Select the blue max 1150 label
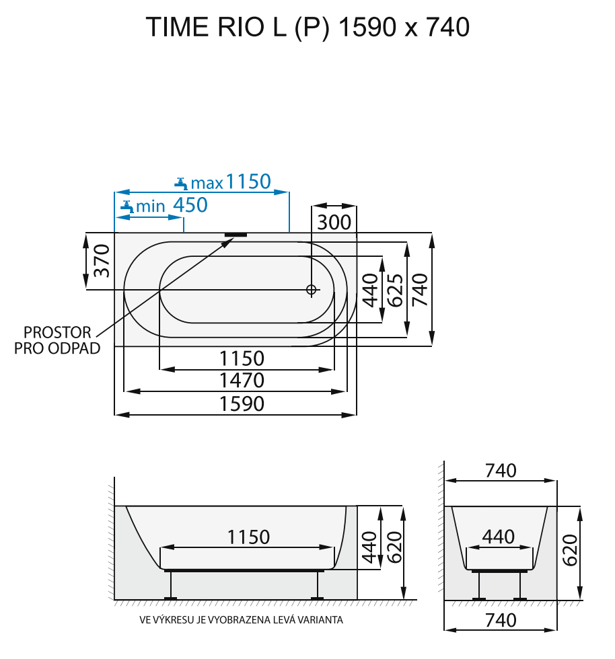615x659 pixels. click(x=231, y=182)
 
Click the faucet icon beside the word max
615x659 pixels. click(x=180, y=182)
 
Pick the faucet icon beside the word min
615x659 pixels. click(x=126, y=206)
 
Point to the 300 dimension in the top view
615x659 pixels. click(x=334, y=222)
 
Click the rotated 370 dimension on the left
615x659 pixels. click(x=101, y=261)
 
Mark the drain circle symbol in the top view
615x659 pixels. click(x=311, y=290)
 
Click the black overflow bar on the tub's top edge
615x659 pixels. click(x=236, y=235)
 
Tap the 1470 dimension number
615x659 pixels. click(x=242, y=381)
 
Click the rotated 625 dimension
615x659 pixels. click(x=396, y=290)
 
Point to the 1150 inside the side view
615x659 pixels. click(x=248, y=537)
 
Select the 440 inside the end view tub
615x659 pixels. click(x=499, y=537)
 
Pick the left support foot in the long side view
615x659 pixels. click(x=170, y=597)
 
